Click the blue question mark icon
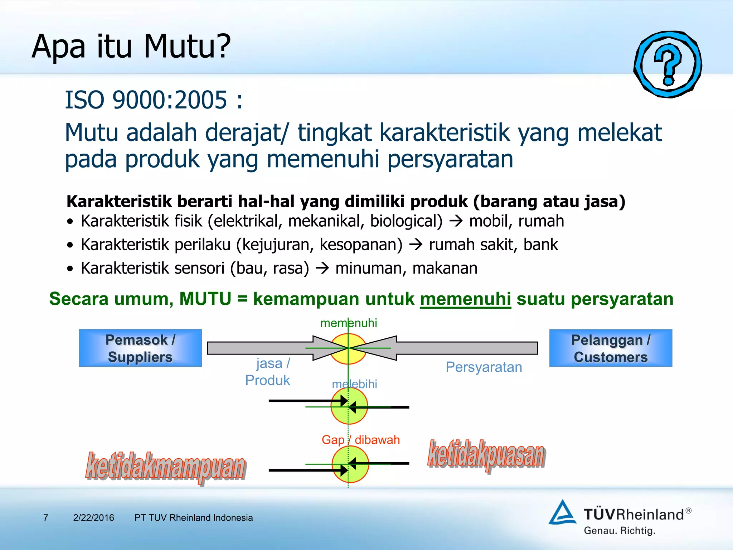[x=668, y=64]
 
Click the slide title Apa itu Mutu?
[x=131, y=47]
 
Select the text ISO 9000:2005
[x=146, y=100]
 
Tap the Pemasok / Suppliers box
[x=140, y=348]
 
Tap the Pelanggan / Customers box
[x=611, y=348]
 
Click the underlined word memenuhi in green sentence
[x=465, y=299]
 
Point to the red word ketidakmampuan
[x=165, y=467]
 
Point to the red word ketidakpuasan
[x=486, y=455]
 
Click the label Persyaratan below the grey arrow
[x=484, y=367]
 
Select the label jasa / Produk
[x=269, y=372]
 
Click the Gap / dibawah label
[x=360, y=440]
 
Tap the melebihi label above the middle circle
[x=354, y=384]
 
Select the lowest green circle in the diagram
[x=350, y=464]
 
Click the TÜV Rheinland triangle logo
[x=562, y=513]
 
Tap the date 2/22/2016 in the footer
[x=93, y=518]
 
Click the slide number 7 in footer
[x=45, y=518]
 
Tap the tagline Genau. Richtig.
[x=620, y=531]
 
